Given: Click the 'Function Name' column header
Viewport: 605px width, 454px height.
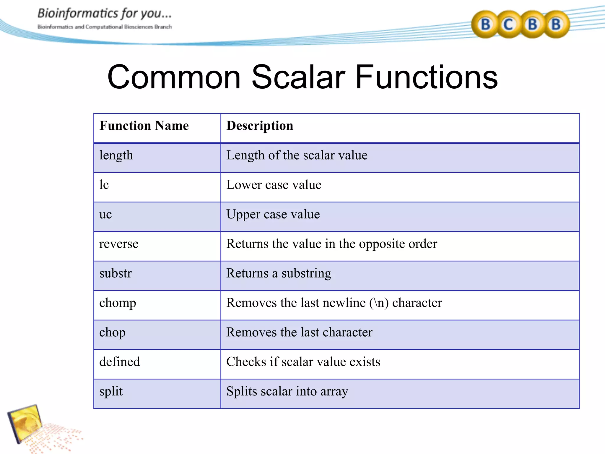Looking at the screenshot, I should pos(144,126).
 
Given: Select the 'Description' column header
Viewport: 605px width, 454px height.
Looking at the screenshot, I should pos(260,126).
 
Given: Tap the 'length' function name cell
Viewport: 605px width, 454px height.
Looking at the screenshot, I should pos(116,155).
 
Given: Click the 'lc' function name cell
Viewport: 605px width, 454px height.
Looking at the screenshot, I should pos(104,185).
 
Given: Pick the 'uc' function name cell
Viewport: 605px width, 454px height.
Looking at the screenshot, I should pos(105,215).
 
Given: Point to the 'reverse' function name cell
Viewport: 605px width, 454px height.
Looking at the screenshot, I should pos(119,244).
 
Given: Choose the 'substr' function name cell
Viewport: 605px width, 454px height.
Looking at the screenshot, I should pos(116,273).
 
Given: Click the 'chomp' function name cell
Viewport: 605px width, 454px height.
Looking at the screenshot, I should pos(118,303).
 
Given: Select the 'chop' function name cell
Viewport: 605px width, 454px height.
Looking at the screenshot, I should pos(112,333).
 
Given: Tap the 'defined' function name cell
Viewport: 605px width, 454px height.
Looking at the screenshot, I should pos(120,362).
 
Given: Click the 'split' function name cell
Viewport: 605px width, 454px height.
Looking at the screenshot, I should pos(111,392).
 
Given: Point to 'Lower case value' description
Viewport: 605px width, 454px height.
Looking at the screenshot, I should pos(274,185).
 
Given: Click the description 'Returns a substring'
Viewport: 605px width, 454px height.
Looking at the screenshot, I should pos(279,273).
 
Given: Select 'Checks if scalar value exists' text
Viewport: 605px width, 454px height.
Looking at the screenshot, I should pos(303,362).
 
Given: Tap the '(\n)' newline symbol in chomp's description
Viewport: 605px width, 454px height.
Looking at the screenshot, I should pos(379,303).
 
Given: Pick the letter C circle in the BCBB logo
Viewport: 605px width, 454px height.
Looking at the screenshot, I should pos(508,25).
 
